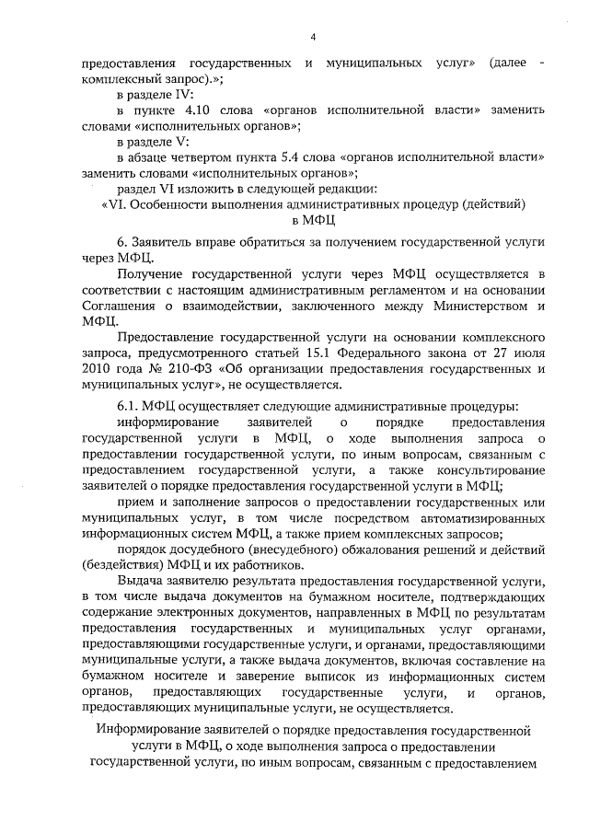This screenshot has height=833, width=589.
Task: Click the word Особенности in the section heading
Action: coord(172,204)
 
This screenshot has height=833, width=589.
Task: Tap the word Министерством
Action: coord(480,306)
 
